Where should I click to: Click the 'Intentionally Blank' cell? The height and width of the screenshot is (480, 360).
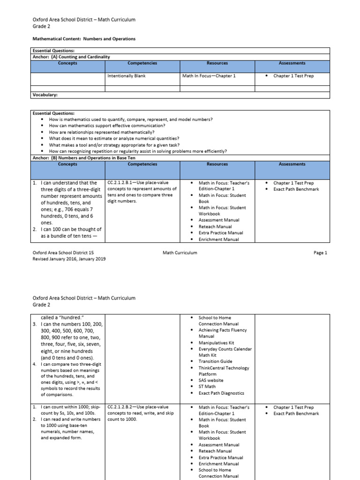tap(127, 75)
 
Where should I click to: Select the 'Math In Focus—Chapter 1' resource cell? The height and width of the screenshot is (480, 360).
tap(209, 75)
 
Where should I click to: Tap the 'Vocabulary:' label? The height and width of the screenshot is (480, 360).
tap(45, 95)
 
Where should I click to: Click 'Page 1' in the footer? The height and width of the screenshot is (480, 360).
tap(320, 253)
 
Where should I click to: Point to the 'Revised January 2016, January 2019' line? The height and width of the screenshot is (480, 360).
tap(69, 259)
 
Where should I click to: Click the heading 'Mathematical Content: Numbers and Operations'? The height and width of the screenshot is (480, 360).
tap(84, 39)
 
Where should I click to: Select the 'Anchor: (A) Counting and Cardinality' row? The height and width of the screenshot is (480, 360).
tap(71, 57)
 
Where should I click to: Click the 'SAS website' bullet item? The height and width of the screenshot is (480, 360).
tap(211, 381)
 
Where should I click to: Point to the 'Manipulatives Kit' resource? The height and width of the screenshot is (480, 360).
tap(216, 343)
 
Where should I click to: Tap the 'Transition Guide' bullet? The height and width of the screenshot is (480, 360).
tap(215, 361)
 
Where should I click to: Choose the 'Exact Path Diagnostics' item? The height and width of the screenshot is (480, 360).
tap(221, 393)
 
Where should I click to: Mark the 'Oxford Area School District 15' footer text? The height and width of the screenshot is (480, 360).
tap(63, 253)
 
